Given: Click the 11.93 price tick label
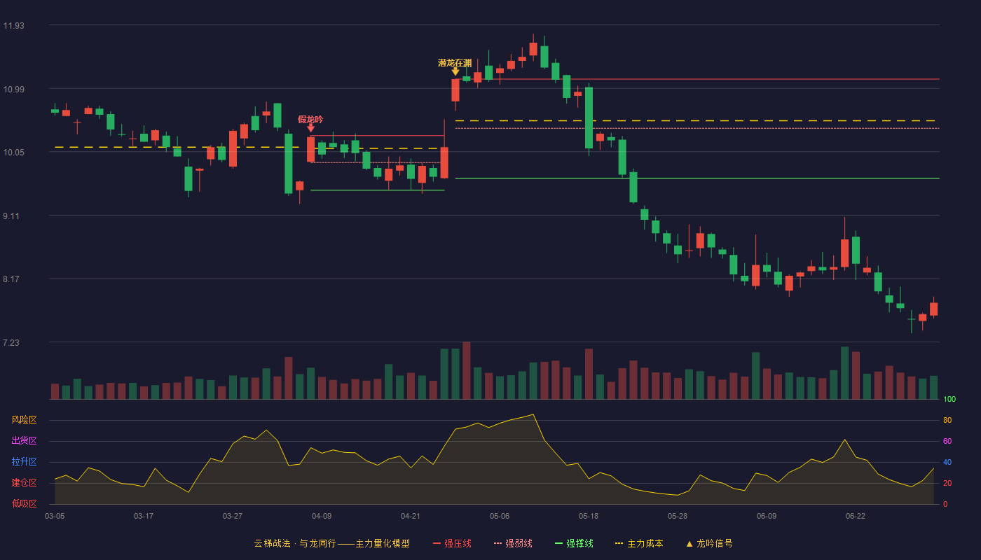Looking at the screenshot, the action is click(13, 26).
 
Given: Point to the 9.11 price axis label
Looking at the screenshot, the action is click(11, 216).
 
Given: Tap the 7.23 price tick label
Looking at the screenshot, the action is click(11, 342).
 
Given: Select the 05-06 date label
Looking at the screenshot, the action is click(499, 517).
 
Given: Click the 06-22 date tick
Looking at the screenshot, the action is click(856, 517).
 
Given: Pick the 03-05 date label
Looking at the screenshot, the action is click(55, 517).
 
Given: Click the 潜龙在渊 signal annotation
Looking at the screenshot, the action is click(455, 63).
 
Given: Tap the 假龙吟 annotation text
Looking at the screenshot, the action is click(310, 120).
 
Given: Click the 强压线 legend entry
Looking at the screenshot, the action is click(452, 543).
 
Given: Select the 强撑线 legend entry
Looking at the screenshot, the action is click(574, 543).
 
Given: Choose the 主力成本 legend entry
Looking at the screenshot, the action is click(639, 543).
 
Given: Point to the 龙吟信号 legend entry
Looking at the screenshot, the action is click(709, 543).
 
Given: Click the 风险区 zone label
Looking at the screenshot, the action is click(24, 420).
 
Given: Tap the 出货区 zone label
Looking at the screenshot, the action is click(24, 440).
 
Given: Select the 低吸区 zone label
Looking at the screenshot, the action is click(24, 503).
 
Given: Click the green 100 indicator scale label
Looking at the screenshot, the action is click(949, 399).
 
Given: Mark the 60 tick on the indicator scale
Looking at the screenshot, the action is click(947, 441).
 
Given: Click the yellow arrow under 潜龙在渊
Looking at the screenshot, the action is click(455, 71).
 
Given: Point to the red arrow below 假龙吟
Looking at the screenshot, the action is click(310, 127).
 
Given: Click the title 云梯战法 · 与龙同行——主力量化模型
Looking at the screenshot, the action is click(332, 543).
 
